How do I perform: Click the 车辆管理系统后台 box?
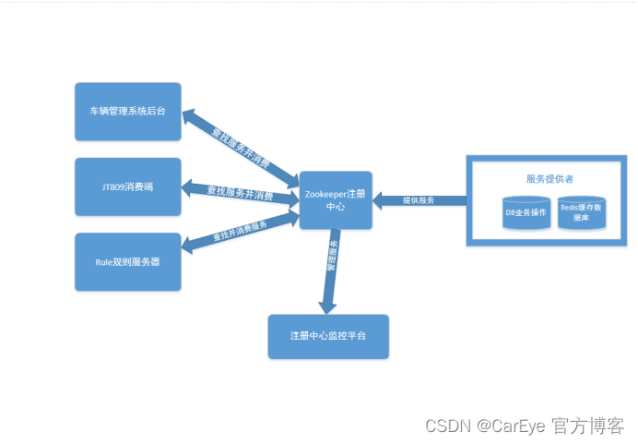pyautogui.click(x=127, y=111)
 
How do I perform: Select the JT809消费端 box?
pyautogui.click(x=127, y=186)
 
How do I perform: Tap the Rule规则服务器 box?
pyautogui.click(x=127, y=261)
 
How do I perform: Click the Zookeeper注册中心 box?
pyautogui.click(x=335, y=200)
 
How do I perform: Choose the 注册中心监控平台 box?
pyautogui.click(x=327, y=336)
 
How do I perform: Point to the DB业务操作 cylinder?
pyautogui.click(x=526, y=213)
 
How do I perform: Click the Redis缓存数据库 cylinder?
pyautogui.click(x=582, y=213)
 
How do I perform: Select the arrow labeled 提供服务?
pyautogui.click(x=419, y=200)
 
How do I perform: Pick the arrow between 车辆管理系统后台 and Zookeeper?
pyautogui.click(x=240, y=145)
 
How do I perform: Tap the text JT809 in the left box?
pyautogui.click(x=113, y=186)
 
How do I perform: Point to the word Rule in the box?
pyautogui.click(x=103, y=261)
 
